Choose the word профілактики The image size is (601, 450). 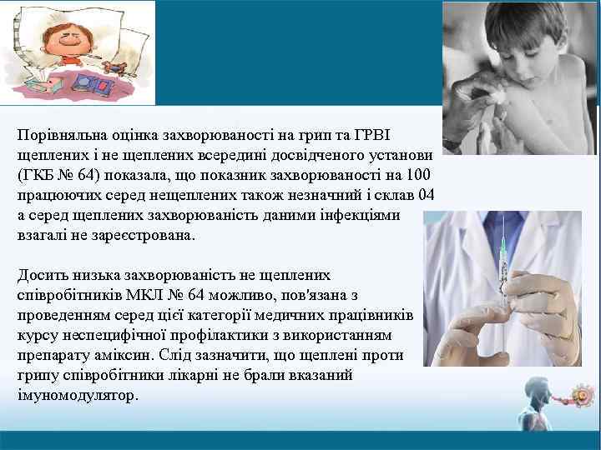coord(198,336)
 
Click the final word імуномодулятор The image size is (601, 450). coord(76,396)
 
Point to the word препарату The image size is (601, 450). coord(50,356)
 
